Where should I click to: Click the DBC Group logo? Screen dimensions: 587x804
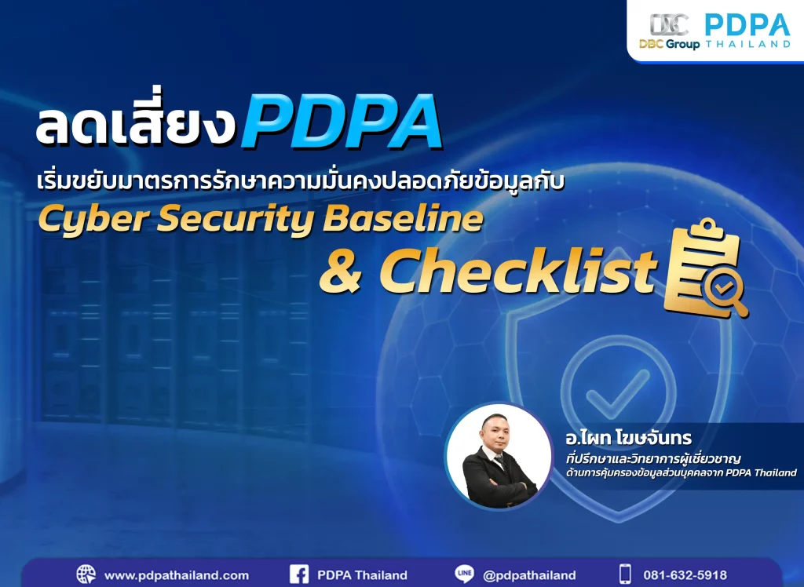[670, 31]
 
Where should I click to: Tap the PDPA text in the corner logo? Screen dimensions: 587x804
[747, 24]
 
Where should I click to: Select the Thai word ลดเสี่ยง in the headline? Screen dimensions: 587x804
[137, 126]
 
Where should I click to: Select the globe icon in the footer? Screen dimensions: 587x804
[86, 574]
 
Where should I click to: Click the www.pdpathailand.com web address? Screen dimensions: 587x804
[176, 575]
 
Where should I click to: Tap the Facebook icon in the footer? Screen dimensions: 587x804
[299, 574]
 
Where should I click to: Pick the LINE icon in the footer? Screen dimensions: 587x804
[464, 574]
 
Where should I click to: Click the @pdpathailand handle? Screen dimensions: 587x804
[529, 575]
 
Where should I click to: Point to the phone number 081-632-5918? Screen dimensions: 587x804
[685, 575]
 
